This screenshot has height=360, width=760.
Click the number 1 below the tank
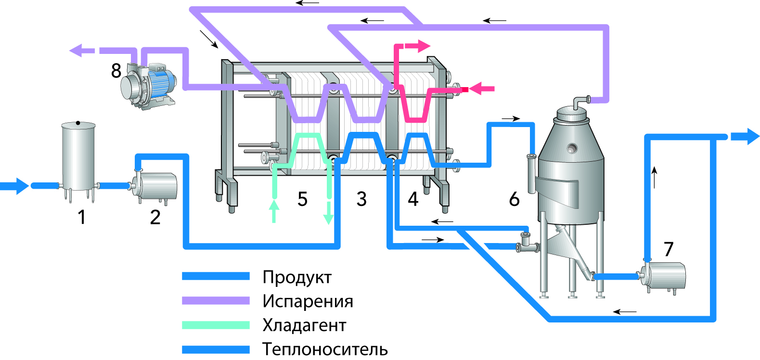tap(82, 217)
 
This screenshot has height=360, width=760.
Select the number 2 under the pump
tap(155, 217)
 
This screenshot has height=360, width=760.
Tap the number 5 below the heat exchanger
tap(302, 199)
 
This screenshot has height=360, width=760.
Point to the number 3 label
tap(361, 199)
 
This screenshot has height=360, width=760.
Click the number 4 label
tap(413, 199)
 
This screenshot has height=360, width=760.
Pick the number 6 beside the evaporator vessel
tap(514, 199)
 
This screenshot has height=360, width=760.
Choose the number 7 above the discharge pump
tap(668, 249)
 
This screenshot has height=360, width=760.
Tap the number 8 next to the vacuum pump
tap(116, 71)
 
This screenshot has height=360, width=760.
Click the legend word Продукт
tap(297, 277)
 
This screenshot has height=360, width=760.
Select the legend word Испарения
tap(308, 301)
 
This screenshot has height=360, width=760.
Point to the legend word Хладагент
tap(304, 325)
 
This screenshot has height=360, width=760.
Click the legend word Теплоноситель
tap(325, 349)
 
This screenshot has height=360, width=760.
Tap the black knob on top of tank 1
tap(78, 123)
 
